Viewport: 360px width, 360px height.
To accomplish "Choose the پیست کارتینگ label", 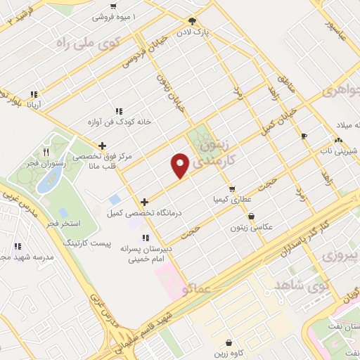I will coord(83,242).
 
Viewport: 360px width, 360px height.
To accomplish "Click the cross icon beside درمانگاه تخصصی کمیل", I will coord(144,202).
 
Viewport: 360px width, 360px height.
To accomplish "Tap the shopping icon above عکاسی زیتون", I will coord(251,217).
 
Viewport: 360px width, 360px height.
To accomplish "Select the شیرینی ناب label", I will coord(335,150).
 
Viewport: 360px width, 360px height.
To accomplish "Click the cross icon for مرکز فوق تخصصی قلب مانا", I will coord(103,146).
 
